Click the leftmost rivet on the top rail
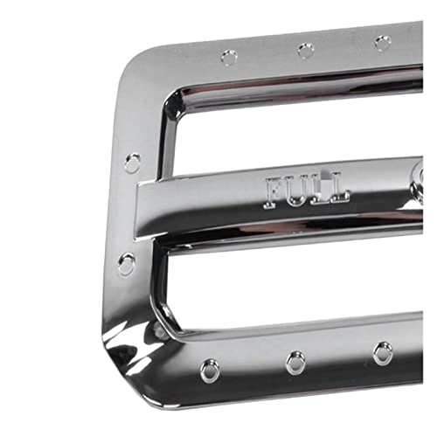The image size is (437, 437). (x=229, y=57)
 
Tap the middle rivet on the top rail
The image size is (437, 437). (x=306, y=50)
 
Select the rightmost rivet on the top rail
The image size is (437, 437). (x=383, y=43)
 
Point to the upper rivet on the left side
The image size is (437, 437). (x=133, y=163)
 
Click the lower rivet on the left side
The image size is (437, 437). (x=127, y=264)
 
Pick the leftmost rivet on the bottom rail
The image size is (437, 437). (x=210, y=371)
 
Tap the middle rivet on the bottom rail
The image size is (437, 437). (x=295, y=363)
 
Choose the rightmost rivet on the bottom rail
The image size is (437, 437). (x=383, y=354)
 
